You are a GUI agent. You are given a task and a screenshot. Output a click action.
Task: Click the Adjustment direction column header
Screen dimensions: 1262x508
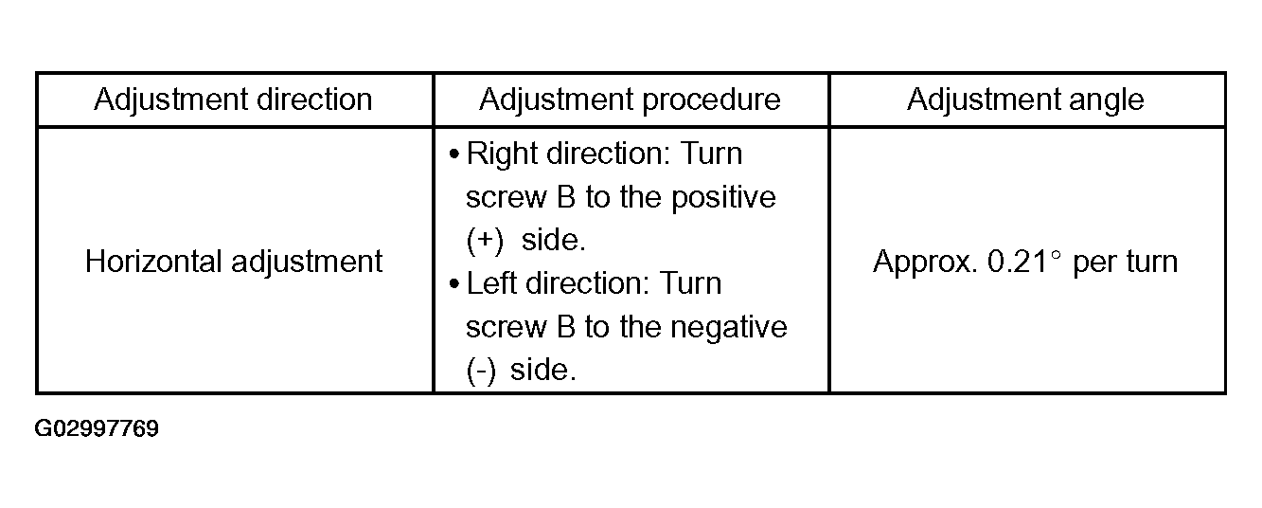pyautogui.click(x=233, y=100)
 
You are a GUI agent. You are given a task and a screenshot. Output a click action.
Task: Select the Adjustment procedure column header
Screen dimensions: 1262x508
pyautogui.click(x=630, y=100)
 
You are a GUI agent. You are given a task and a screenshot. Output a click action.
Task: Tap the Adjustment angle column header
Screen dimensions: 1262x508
pyautogui.click(x=1025, y=100)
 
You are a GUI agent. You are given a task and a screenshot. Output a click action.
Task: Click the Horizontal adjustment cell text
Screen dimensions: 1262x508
pyautogui.click(x=234, y=263)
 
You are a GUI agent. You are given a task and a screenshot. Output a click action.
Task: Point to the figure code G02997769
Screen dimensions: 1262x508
pyautogui.click(x=97, y=429)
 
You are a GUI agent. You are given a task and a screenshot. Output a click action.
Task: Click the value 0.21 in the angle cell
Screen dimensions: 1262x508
pyautogui.click(x=1017, y=263)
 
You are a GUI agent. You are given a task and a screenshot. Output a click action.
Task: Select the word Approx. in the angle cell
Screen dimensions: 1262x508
pyautogui.click(x=925, y=263)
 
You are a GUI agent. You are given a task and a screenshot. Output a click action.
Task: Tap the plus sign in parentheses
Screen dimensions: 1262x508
pyautogui.click(x=485, y=241)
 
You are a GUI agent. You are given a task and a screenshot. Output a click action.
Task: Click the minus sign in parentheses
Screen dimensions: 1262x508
pyautogui.click(x=481, y=371)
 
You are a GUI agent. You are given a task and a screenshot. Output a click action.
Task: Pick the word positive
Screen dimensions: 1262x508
pyautogui.click(x=723, y=198)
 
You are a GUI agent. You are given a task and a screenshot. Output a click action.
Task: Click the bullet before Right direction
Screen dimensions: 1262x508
pyautogui.click(x=454, y=154)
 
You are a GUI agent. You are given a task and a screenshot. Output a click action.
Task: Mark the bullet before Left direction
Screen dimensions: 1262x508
pyautogui.click(x=454, y=284)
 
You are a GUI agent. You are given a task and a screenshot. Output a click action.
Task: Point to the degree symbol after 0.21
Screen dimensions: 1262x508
pyautogui.click(x=1056, y=255)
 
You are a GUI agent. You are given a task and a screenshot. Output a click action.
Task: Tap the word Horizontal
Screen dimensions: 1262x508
pyautogui.click(x=153, y=262)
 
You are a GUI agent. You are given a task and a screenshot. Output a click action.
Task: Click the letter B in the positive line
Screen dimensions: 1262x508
pyautogui.click(x=565, y=197)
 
